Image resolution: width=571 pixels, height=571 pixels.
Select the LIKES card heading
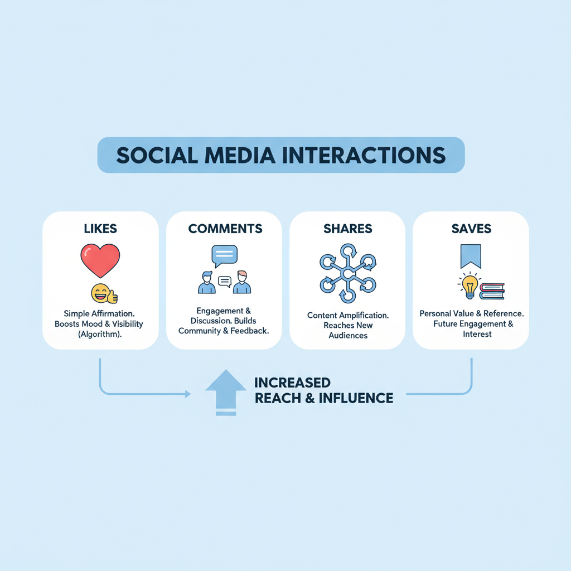click(100, 229)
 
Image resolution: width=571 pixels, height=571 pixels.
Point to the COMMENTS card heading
click(225, 229)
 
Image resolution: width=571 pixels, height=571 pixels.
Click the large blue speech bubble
click(224, 255)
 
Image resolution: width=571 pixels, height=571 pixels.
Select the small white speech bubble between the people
click(224, 281)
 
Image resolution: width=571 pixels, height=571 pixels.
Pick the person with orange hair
click(241, 282)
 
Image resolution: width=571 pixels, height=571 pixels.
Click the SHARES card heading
click(348, 229)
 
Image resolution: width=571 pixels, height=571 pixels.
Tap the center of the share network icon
click(347, 274)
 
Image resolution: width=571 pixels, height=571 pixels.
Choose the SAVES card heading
click(471, 229)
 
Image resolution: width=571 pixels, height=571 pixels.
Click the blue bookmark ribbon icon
click(471, 257)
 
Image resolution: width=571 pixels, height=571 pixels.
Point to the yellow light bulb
click(469, 285)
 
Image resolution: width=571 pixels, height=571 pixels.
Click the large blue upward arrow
click(226, 390)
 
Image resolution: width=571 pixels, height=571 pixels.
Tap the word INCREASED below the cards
click(292, 383)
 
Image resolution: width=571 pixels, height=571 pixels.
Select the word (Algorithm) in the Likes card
click(100, 335)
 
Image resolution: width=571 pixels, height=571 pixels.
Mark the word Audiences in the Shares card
click(347, 336)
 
